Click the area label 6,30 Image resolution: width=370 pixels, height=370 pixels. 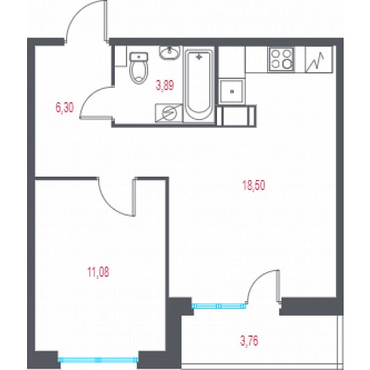point(65,108)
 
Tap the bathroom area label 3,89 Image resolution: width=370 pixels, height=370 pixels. point(165,85)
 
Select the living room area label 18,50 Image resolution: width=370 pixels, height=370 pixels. point(254,185)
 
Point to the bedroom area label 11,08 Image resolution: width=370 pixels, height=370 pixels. point(98,272)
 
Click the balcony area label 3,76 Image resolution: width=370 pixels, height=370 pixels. point(249,341)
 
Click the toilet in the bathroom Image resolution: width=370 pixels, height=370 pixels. point(139,67)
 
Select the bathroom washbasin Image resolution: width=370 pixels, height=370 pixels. point(170,53)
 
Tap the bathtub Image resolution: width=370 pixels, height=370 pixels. point(199,84)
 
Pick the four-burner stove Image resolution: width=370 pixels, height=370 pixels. point(281,59)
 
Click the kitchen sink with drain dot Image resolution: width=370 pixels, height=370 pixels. point(232,91)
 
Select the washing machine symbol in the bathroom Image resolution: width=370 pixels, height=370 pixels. point(169,113)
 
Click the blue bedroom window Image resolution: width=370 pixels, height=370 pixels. point(98,360)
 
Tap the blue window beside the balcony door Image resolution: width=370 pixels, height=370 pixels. point(219,306)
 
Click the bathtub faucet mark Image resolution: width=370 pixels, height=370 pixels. point(200,56)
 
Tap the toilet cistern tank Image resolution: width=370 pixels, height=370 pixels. point(139,56)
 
